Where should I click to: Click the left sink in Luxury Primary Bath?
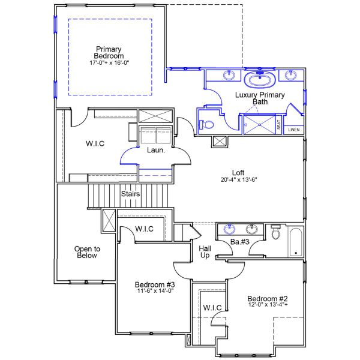coord(229,76)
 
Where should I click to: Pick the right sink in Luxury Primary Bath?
coord(291,76)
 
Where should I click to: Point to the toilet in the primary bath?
coord(206,124)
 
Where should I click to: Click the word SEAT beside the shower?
coord(278,124)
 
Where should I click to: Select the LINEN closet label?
coord(293,130)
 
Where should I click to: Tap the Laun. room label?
coord(156,151)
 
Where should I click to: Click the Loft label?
coord(238,173)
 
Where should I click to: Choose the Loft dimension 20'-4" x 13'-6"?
coord(238,179)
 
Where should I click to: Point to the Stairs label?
coord(131,194)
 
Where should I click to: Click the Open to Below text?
coord(87,252)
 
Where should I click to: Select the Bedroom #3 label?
coord(154,284)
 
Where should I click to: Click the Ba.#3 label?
coord(240,242)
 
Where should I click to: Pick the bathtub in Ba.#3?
coord(295,242)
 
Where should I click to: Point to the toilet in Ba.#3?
coord(275,233)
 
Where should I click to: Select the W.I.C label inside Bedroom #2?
coord(212,308)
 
